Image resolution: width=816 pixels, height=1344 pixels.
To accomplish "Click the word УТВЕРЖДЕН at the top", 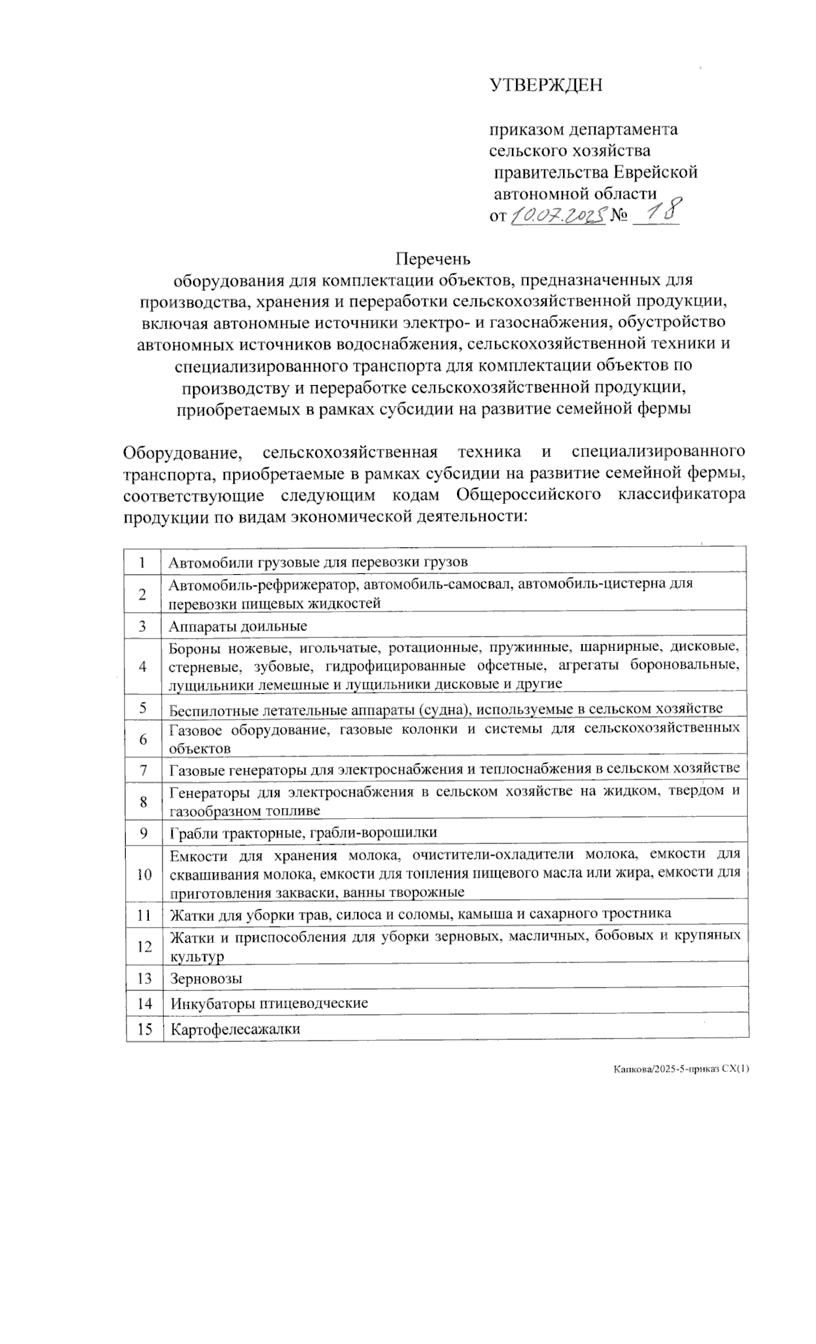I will tap(546, 85).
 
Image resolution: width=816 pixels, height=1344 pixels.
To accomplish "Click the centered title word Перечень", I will tap(433, 259).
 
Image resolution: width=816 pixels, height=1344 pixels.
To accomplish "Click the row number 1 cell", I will tap(143, 562).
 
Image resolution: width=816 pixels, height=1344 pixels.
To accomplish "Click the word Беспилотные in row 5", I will tap(214, 709).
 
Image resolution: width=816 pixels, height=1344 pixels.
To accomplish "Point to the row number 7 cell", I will tap(143, 770).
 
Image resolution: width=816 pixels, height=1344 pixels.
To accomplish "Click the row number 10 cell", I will tap(143, 873).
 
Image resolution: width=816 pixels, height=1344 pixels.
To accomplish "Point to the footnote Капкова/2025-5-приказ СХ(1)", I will tap(681, 1069).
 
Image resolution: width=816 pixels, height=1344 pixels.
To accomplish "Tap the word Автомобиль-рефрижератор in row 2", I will tap(265, 584).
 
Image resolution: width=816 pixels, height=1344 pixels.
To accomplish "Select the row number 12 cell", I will tap(144, 945).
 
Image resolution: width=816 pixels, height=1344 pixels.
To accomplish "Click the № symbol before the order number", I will tap(619, 216).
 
